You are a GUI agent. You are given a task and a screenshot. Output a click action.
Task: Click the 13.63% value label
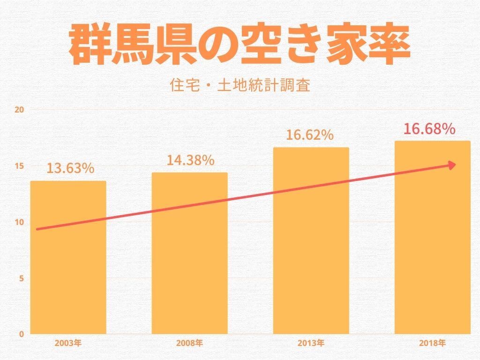(70, 168)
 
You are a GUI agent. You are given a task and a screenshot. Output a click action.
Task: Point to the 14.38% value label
(190, 160)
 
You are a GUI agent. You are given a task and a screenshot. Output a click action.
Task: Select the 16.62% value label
(310, 135)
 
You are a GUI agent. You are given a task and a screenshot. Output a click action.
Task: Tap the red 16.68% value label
(430, 129)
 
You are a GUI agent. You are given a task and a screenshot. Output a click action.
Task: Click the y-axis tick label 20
(20, 110)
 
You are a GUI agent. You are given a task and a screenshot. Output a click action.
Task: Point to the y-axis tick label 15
(20, 166)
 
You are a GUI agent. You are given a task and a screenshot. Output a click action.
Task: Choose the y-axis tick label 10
(20, 222)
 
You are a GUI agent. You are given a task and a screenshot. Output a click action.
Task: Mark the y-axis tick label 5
(21, 278)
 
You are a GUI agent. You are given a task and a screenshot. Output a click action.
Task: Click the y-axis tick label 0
(21, 334)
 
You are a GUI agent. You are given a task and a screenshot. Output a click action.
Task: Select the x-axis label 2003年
(68, 344)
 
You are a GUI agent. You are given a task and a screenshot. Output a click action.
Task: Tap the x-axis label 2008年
(189, 344)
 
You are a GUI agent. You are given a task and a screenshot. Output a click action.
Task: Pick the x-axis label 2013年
(311, 344)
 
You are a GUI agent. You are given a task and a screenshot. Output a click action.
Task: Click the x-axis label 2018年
(432, 344)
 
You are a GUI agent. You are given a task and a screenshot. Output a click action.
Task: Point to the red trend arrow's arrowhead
(452, 165)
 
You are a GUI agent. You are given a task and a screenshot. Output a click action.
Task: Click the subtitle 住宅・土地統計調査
(240, 86)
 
